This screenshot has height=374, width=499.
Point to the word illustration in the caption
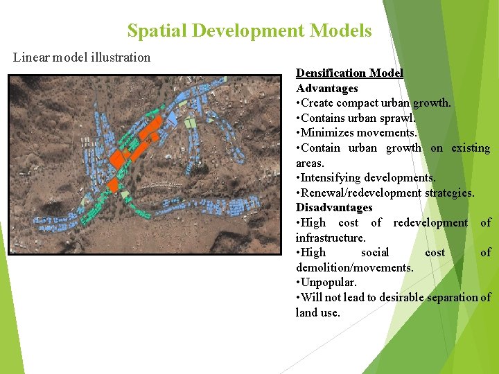coord(119,57)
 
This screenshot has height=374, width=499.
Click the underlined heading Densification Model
coord(349,73)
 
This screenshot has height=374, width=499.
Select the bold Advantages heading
coord(326,88)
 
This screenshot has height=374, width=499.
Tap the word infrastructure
coord(330,238)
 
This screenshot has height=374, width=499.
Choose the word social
coord(375,252)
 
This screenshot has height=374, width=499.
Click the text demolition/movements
coord(354,267)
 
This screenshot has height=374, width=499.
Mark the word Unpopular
coord(329,283)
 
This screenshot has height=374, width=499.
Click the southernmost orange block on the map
coord(112,185)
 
